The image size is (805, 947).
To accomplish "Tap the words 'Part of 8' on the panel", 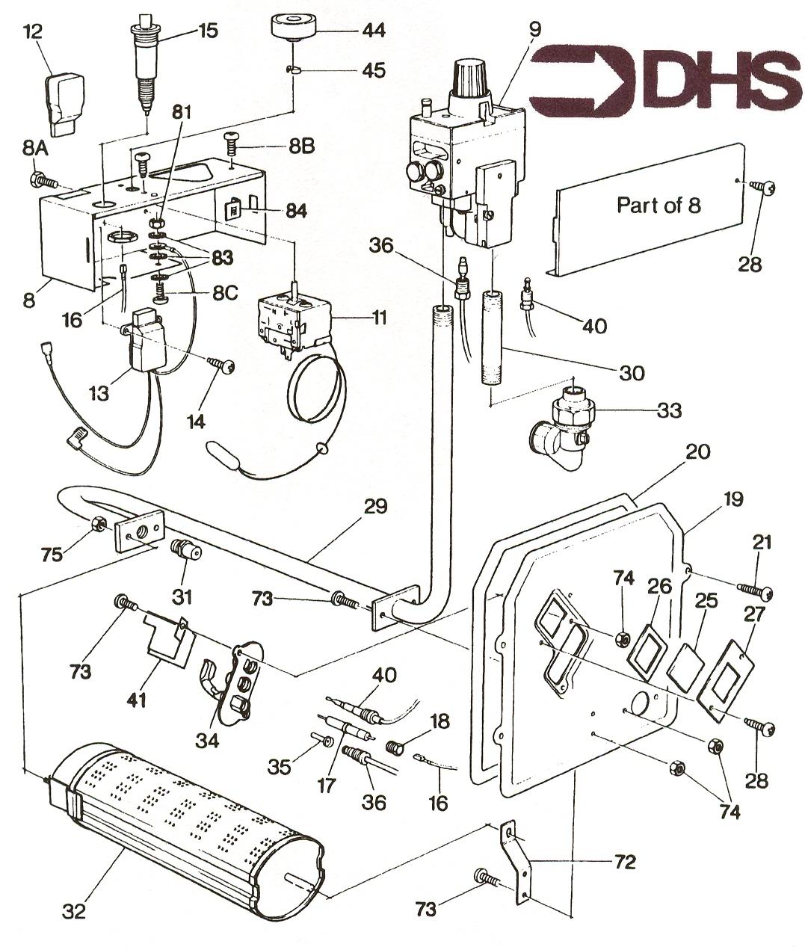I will pyautogui.click(x=659, y=205).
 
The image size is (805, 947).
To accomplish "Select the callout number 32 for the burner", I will pyautogui.click(x=75, y=911).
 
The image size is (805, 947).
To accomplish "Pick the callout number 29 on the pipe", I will pyautogui.click(x=375, y=506).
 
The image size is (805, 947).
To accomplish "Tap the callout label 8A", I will pyautogui.click(x=34, y=149).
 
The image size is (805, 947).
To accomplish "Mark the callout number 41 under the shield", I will pyautogui.click(x=135, y=700).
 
